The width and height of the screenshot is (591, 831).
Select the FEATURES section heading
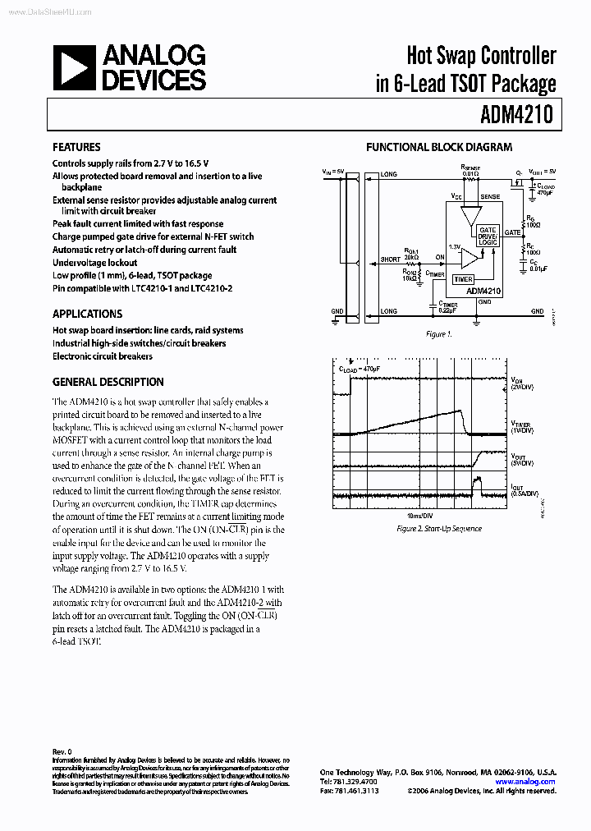coord(76,148)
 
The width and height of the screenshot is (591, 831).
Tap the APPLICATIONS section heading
coord(87,314)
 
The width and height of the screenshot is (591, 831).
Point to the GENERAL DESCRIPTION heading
coord(108,382)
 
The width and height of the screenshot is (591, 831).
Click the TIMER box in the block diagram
coord(463,279)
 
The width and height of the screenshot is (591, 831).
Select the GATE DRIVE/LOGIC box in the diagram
coord(488,236)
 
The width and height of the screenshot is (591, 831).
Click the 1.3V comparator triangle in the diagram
coord(469,258)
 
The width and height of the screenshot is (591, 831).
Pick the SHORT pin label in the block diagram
coord(390,260)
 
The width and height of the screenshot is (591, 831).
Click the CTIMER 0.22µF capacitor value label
coord(448,309)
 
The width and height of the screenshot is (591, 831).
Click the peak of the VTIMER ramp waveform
coord(462,411)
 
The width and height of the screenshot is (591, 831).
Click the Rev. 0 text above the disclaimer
coord(62,751)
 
